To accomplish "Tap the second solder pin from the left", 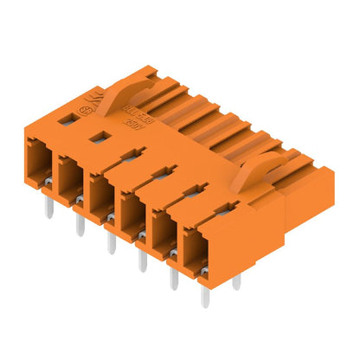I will [80, 225].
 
